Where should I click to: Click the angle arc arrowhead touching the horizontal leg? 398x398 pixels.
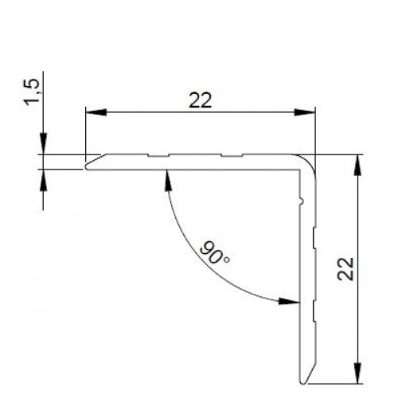pyautogui.click(x=167, y=179)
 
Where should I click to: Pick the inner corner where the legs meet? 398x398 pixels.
pyautogui.click(x=298, y=170)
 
